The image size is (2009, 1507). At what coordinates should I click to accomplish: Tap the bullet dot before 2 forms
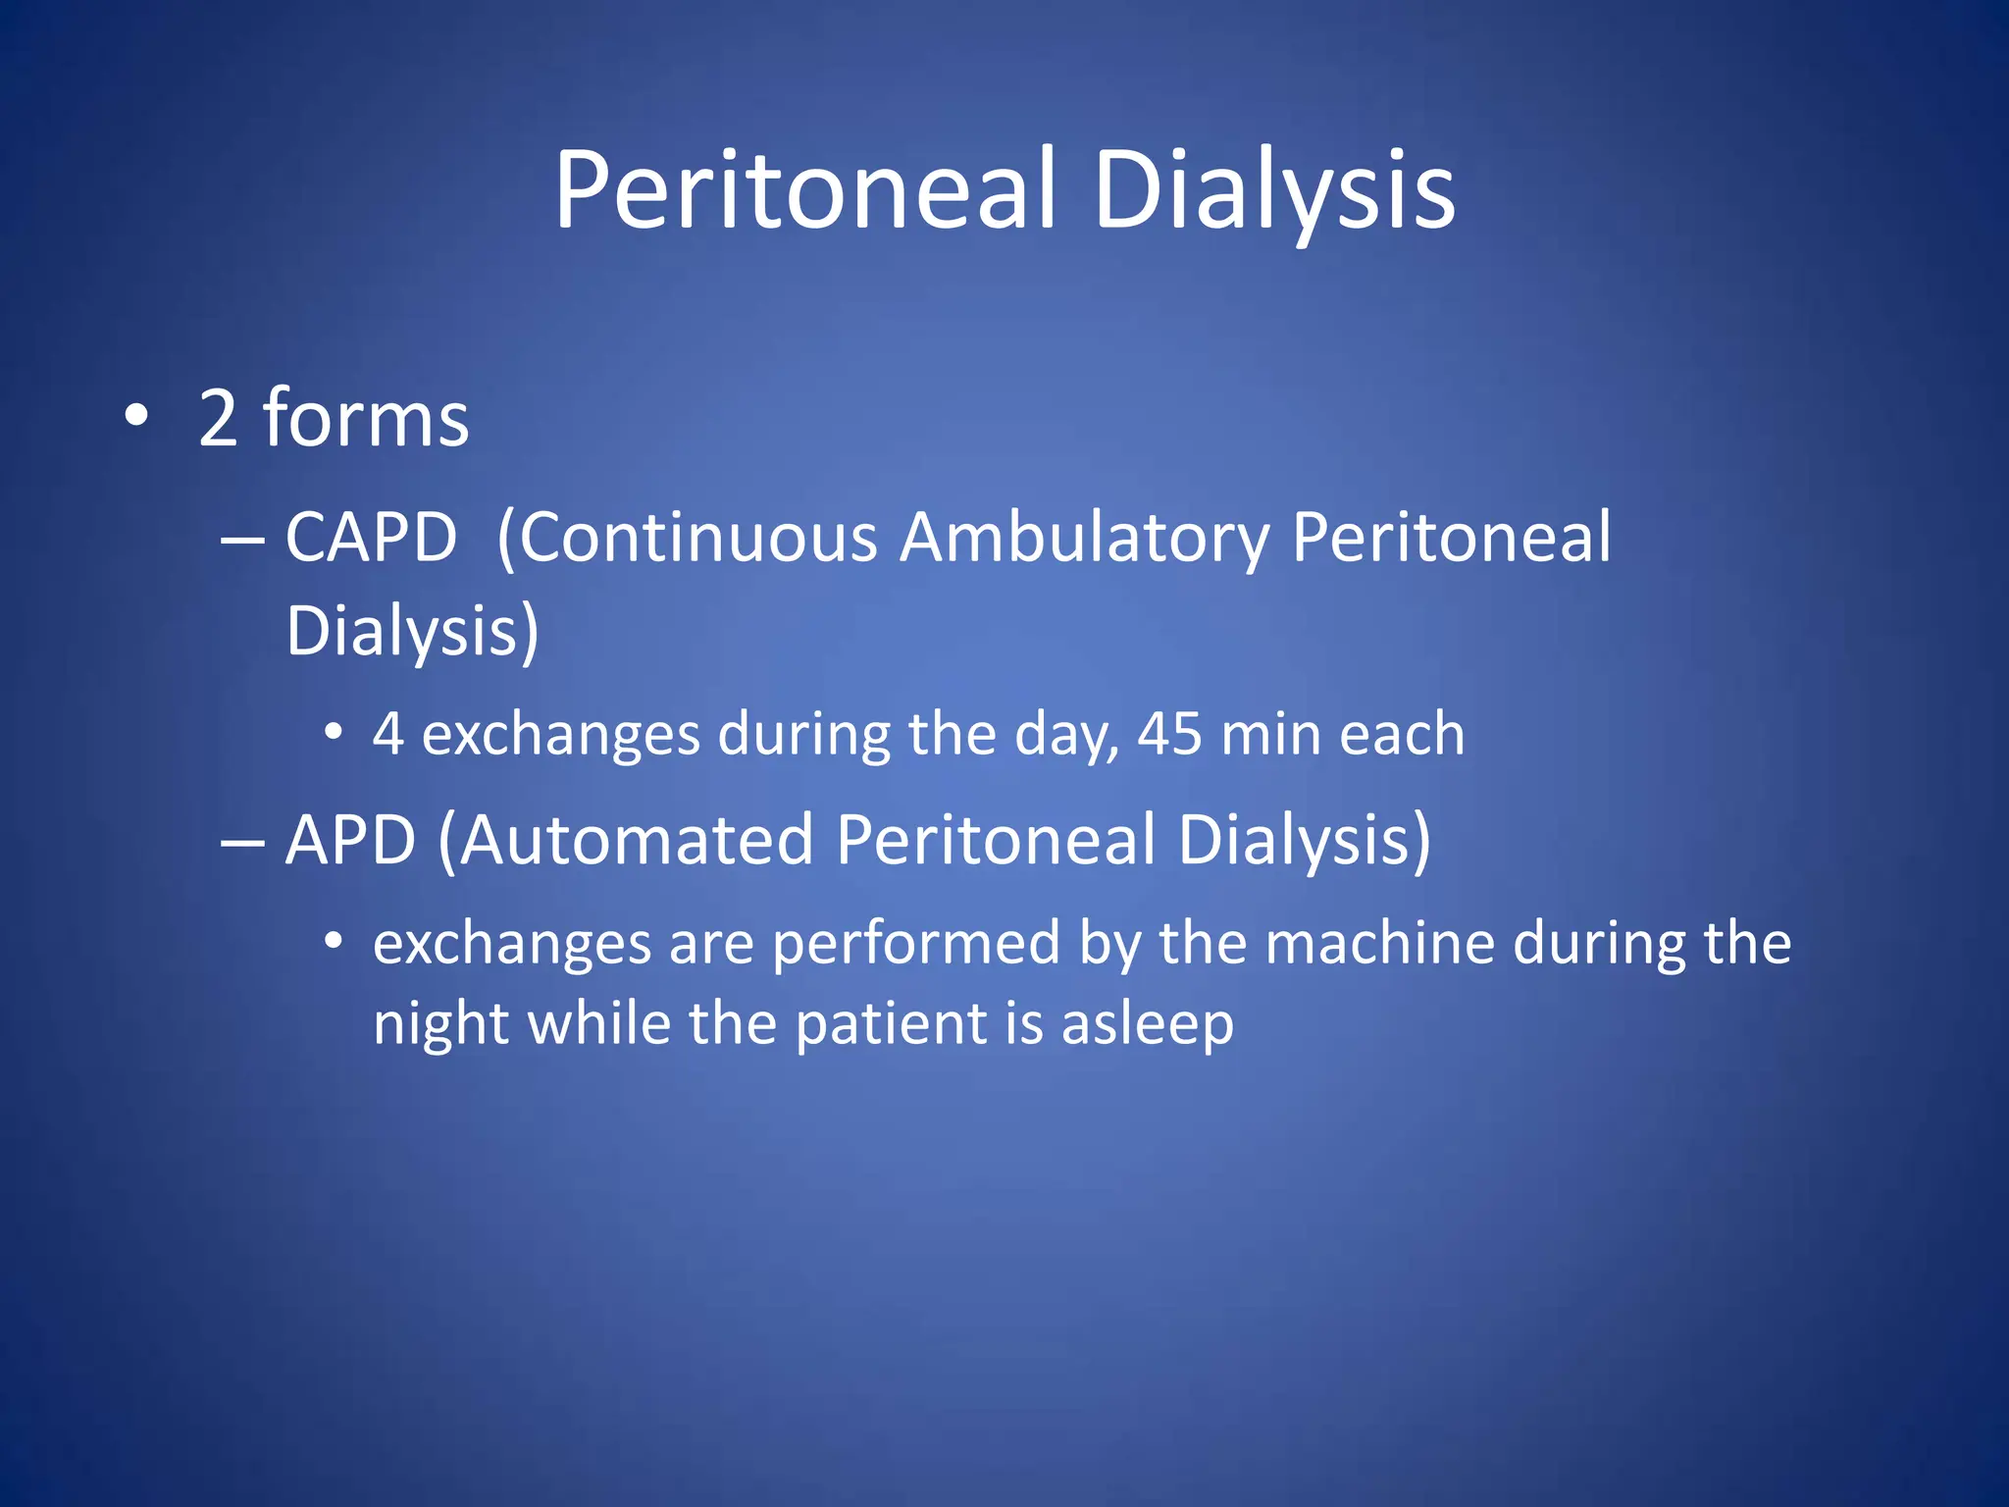(x=136, y=416)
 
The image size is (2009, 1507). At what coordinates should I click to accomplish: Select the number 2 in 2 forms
(x=218, y=419)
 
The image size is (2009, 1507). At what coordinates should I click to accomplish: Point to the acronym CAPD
(x=371, y=538)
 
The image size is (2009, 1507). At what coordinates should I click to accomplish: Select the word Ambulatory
(x=1085, y=538)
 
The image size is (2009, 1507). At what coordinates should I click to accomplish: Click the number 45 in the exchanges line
(x=1169, y=734)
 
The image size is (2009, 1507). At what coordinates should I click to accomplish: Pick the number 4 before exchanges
(x=388, y=734)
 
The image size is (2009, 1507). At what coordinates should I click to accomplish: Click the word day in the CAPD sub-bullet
(x=1065, y=736)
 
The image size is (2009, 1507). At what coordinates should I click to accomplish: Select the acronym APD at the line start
(x=350, y=840)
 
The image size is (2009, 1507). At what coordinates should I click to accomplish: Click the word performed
(x=916, y=944)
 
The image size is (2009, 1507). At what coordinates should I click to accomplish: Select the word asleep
(x=1147, y=1024)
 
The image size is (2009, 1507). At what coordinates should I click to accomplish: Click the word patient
(x=891, y=1024)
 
